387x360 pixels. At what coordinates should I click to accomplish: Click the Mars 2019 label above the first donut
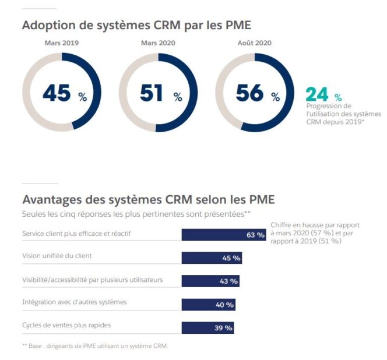coord(61,43)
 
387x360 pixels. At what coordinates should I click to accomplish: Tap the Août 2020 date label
coord(255,43)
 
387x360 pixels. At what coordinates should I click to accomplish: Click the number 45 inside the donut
coord(57,93)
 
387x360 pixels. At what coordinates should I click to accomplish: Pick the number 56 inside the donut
coord(249,93)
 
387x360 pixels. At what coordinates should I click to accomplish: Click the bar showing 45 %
coord(212,258)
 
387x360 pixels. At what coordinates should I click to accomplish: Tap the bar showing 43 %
coord(210,281)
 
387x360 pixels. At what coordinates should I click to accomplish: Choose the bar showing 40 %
coord(209,304)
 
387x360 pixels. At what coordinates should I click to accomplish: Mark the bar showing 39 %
coord(207,327)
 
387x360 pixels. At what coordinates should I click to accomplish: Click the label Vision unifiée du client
coord(57,256)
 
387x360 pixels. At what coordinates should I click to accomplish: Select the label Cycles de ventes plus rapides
coord(66,325)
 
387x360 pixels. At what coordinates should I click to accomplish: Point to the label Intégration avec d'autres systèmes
coord(74,302)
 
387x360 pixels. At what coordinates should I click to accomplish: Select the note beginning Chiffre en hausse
coord(315,233)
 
